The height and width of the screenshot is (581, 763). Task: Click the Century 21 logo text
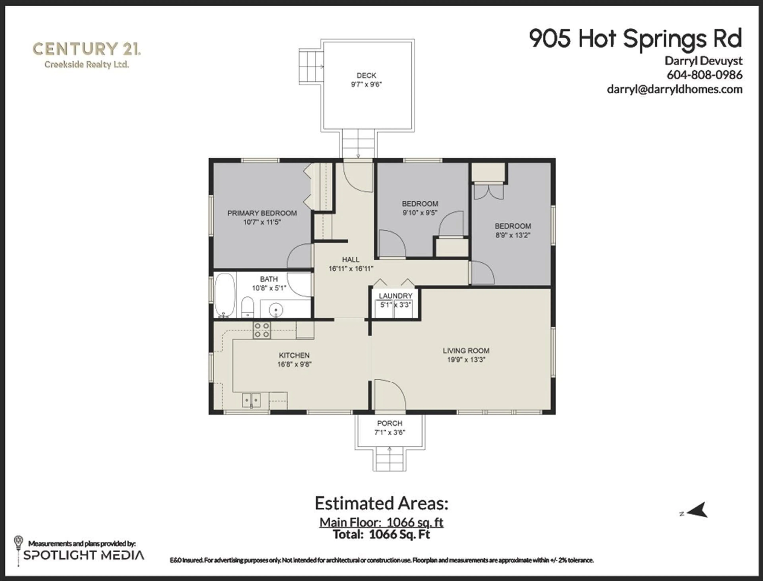pyautogui.click(x=86, y=49)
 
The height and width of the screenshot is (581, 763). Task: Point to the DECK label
pyautogui.click(x=366, y=75)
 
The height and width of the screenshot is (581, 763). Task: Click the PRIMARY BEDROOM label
pyautogui.click(x=262, y=213)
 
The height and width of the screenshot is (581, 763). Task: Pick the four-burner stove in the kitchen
pyautogui.click(x=262, y=330)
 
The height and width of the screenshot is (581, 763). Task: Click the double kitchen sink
pyautogui.click(x=251, y=401)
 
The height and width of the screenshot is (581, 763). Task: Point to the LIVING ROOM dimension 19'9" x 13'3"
pyautogui.click(x=466, y=360)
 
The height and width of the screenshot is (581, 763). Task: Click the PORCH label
pyautogui.click(x=390, y=423)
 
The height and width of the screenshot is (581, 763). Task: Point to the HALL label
pyautogui.click(x=351, y=259)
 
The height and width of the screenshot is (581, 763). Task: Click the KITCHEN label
pyautogui.click(x=294, y=355)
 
